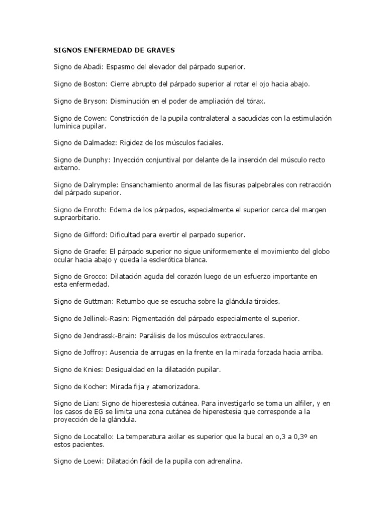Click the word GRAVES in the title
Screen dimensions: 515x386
[x=159, y=50]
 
